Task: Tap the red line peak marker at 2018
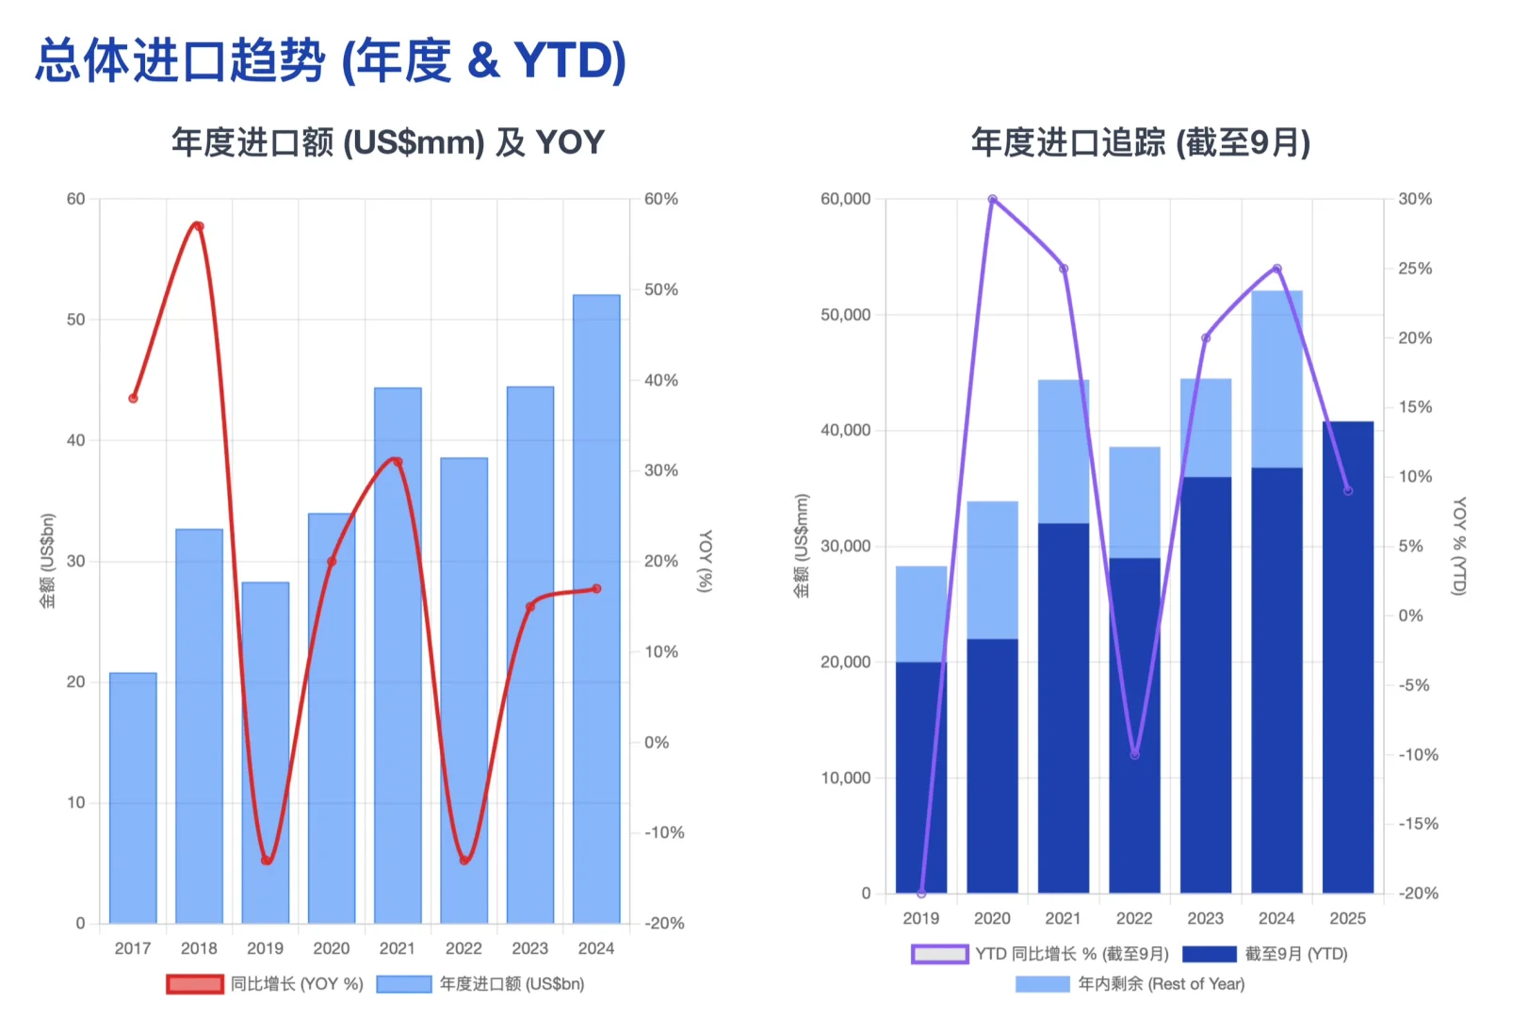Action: click(198, 226)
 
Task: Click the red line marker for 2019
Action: click(267, 860)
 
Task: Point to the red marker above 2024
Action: click(596, 589)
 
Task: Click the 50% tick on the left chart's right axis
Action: click(660, 289)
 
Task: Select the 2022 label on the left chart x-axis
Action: click(463, 948)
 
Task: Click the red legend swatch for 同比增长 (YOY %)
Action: click(195, 984)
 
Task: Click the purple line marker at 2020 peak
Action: click(992, 199)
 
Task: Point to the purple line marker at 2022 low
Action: click(1134, 754)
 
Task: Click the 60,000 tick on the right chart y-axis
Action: click(845, 199)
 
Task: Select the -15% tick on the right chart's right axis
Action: click(1417, 824)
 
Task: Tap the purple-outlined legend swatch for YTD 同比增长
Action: click(939, 954)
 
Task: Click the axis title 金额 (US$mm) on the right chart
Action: click(802, 547)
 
